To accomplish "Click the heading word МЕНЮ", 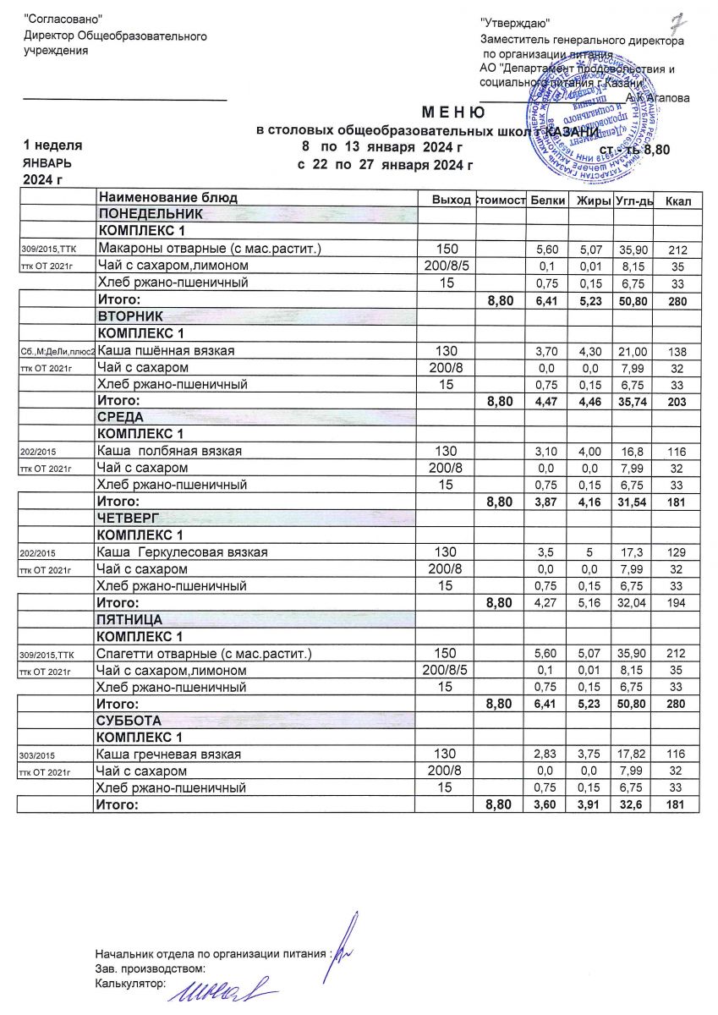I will (453, 113).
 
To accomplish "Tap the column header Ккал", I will (678, 200).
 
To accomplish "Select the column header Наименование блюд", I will (168, 198).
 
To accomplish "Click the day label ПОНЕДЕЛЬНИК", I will (151, 215).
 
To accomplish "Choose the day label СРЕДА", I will (122, 417).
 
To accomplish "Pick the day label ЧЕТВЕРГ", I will (129, 518).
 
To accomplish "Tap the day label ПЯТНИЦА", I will (130, 619).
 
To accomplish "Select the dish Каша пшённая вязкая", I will (167, 350).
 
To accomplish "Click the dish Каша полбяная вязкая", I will (170, 451).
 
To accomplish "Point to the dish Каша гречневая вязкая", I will (170, 754).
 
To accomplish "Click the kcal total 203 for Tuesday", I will (678, 401).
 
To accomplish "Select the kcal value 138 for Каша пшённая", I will (678, 350).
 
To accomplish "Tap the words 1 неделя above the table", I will (52, 145).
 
